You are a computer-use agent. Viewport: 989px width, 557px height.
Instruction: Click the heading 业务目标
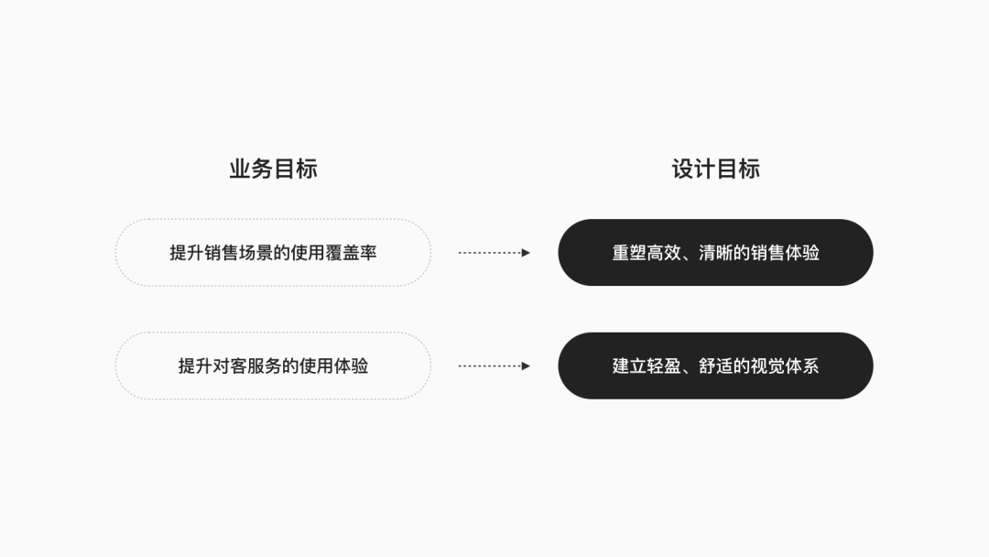click(273, 169)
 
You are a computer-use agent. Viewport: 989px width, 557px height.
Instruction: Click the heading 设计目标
click(715, 169)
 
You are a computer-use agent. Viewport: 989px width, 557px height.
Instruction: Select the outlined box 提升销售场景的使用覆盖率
click(273, 253)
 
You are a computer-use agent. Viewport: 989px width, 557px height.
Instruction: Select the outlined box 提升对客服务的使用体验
click(273, 366)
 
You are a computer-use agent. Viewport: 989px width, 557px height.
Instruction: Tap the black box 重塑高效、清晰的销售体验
click(715, 253)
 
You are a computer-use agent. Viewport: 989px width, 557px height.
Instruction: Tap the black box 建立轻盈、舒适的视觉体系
click(715, 366)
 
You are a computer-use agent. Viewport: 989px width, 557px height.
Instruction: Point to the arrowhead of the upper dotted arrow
click(526, 253)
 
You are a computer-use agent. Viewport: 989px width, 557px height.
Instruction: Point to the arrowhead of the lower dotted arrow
click(526, 366)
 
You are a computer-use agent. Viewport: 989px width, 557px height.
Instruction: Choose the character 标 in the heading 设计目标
click(749, 169)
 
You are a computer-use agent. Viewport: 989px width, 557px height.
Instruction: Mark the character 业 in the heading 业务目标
click(240, 169)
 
